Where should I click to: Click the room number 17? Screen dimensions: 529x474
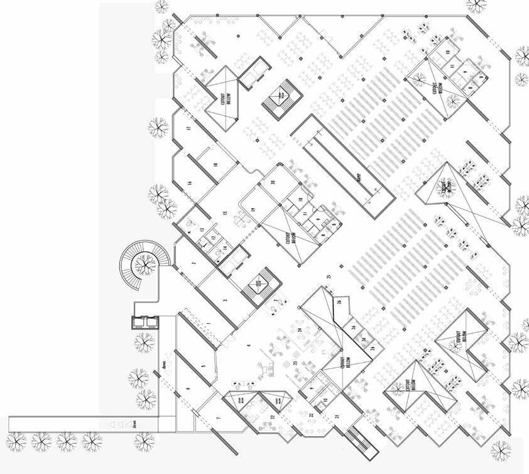pyautogui.click(x=188, y=128)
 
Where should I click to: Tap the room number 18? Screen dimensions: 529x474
pyautogui.click(x=215, y=164)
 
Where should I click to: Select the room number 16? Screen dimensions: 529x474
pyautogui.click(x=188, y=183)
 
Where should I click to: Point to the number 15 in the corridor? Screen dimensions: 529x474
pyautogui.click(x=224, y=214)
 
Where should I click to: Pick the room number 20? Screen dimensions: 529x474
pyautogui.click(x=273, y=182)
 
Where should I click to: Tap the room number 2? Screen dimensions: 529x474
pyautogui.click(x=194, y=263)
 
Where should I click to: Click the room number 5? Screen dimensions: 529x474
pyautogui.click(x=203, y=365)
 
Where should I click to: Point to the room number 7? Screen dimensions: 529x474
pyautogui.click(x=219, y=418)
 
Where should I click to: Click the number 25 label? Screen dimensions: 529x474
pyautogui.click(x=329, y=277)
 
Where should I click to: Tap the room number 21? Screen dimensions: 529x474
pyautogui.click(x=337, y=417)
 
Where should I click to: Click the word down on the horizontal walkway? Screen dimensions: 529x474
pyautogui.click(x=135, y=424)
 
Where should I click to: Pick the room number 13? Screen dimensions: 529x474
pyautogui.click(x=202, y=230)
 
